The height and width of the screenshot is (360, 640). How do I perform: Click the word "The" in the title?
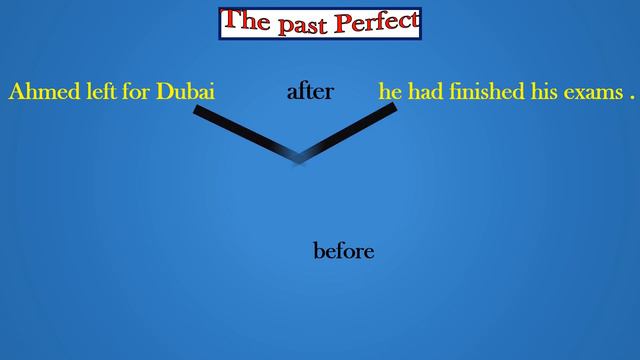coord(245,20)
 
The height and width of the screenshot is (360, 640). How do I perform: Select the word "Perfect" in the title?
coord(374,21)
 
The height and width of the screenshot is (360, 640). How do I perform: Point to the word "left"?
coord(92,92)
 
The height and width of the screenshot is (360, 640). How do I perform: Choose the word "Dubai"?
coord(182,92)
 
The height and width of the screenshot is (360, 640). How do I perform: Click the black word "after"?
coord(310,92)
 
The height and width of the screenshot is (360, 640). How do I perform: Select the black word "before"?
coord(344,251)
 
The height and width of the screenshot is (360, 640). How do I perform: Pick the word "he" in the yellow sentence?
coord(389,92)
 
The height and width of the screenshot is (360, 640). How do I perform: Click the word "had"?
coord(424,92)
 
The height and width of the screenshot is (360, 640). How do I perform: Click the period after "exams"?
coord(633,97)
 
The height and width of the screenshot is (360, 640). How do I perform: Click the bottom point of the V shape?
coord(298,157)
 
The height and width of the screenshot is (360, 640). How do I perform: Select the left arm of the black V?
coord(245,131)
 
